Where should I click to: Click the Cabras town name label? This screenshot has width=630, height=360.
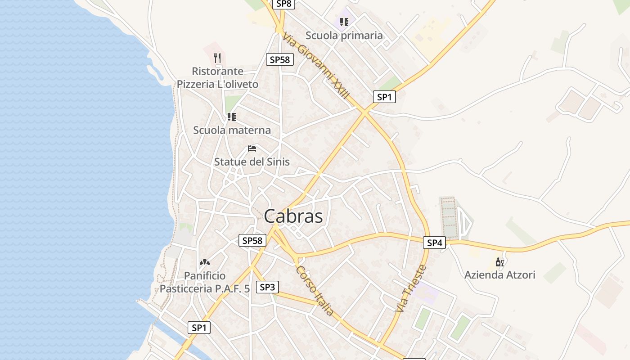click(293, 216)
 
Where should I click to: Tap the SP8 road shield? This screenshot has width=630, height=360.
click(284, 4)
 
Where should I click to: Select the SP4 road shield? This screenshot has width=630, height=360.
click(434, 243)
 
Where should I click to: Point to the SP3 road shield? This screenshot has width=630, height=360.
click(267, 287)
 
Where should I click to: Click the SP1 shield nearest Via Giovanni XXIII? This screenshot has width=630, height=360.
click(384, 97)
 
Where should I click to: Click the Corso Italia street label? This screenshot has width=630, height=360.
click(315, 290)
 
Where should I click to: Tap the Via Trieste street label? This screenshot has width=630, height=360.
click(410, 288)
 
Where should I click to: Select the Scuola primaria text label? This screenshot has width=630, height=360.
click(344, 36)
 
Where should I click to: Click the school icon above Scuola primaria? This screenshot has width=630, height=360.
click(344, 22)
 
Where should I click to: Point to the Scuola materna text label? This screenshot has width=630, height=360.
click(232, 130)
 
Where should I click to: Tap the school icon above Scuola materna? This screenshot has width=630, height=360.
click(232, 117)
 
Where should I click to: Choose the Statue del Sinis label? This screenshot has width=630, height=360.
click(252, 162)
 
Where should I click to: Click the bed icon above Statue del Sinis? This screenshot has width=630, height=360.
click(252, 148)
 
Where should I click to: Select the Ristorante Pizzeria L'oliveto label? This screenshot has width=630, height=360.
click(218, 77)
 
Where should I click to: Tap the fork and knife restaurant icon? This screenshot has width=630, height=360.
click(217, 58)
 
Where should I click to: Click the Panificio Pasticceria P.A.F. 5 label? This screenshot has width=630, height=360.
click(205, 282)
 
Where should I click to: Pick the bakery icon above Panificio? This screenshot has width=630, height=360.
click(205, 262)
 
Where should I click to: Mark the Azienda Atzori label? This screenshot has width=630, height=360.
click(500, 274)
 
